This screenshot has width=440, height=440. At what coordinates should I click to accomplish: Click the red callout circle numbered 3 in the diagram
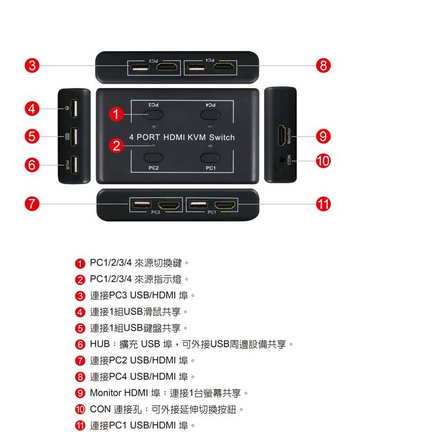tap(32, 65)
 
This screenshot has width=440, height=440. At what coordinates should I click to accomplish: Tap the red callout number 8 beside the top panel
tap(323, 65)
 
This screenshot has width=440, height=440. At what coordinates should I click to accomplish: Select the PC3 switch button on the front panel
tap(154, 115)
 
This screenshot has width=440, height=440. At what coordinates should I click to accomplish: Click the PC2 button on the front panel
tap(154, 158)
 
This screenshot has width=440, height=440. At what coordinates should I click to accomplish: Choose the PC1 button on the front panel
tap(210, 158)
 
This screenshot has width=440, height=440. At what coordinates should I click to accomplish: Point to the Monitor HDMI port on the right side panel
tap(282, 136)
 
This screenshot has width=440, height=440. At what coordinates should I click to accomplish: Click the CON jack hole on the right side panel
tap(282, 160)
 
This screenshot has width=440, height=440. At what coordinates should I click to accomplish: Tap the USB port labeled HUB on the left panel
tap(75, 165)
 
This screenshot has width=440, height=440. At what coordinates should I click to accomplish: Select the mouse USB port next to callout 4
tap(75, 108)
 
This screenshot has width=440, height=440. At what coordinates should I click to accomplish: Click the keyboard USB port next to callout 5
tap(75, 137)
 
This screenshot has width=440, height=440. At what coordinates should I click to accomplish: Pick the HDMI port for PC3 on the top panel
tap(167, 67)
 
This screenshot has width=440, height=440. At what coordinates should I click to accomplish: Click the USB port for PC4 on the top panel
tap(197, 67)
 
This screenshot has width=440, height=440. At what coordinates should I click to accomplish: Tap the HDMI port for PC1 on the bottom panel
tap(225, 205)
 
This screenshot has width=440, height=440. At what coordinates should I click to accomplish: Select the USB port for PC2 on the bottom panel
tap(142, 204)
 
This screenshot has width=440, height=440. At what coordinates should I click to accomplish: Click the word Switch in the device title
tap(222, 137)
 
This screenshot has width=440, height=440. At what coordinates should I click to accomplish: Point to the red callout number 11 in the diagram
tap(323, 204)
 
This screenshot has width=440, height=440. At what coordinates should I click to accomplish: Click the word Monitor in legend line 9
tap(106, 393)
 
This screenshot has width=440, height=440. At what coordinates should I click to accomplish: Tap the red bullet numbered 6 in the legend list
tap(80, 344)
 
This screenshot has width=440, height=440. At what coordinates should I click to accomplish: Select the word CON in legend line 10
tap(100, 409)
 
